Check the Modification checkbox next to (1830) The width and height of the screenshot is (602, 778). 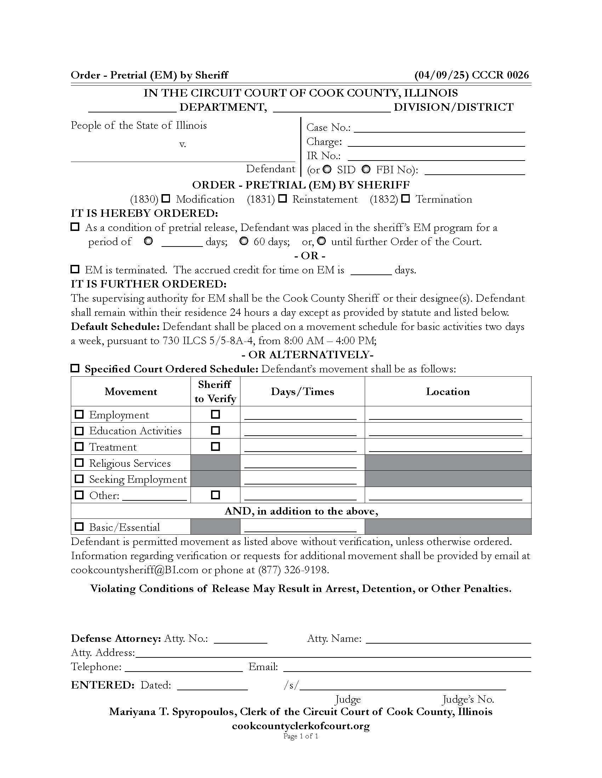pyautogui.click(x=166, y=198)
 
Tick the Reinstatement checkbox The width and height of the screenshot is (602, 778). pyautogui.click(x=283, y=198)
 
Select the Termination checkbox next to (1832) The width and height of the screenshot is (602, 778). pyautogui.click(x=405, y=198)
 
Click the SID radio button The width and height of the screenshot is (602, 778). pyautogui.click(x=327, y=169)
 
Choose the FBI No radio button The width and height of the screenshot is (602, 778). pyautogui.click(x=366, y=169)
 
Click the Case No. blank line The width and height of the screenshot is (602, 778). pyautogui.click(x=439, y=128)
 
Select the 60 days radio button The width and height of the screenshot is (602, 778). pyautogui.click(x=244, y=241)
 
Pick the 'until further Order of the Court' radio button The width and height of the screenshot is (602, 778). pyautogui.click(x=321, y=241)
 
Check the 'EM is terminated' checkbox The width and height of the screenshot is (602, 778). pyautogui.click(x=75, y=269)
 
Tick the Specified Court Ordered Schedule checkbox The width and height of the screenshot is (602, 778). pyautogui.click(x=75, y=368)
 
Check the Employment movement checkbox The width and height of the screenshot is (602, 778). pyautogui.click(x=79, y=414)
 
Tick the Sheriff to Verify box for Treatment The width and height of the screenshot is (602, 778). pyautogui.click(x=215, y=446)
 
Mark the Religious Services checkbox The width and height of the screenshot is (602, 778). pyautogui.click(x=79, y=463)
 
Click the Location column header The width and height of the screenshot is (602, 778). pyautogui.click(x=448, y=391)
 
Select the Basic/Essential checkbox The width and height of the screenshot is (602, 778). pyautogui.click(x=79, y=527)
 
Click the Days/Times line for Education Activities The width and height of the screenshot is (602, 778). pyautogui.click(x=300, y=432)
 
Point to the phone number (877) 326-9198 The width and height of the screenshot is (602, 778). pyautogui.click(x=293, y=570)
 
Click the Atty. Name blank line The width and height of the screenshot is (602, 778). pyautogui.click(x=448, y=639)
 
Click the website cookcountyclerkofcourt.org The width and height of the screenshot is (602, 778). pyautogui.click(x=301, y=726)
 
